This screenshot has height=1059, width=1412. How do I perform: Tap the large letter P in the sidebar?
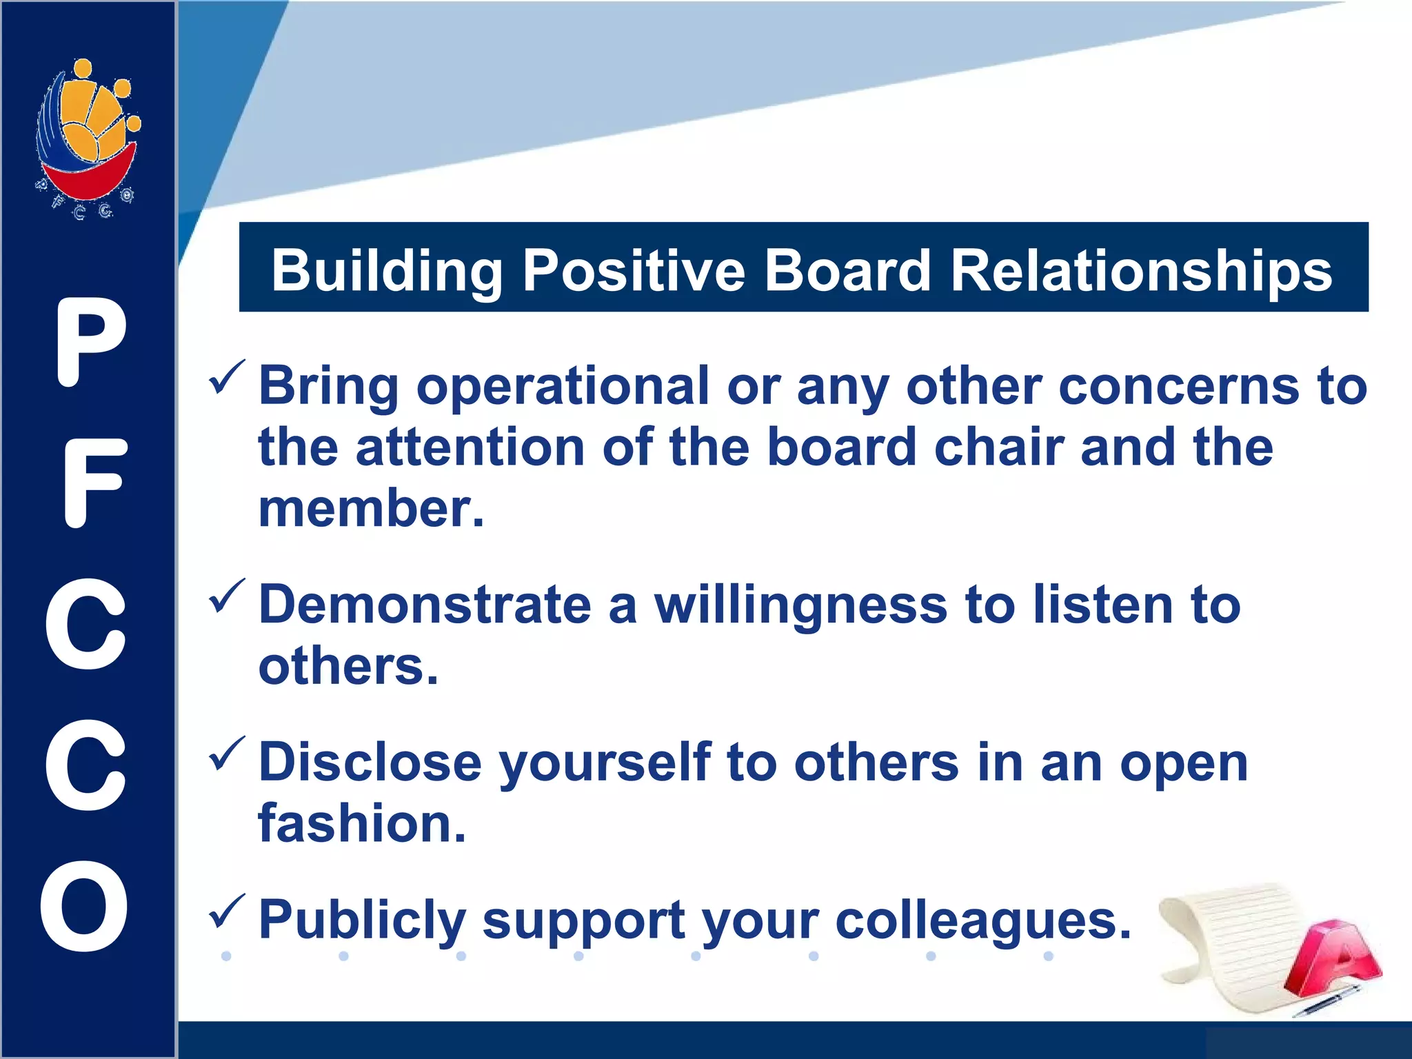pos(90,343)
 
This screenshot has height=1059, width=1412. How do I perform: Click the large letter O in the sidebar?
pos(84,906)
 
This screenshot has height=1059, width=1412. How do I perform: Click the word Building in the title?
pos(387,271)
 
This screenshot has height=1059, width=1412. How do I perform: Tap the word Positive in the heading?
pos(633,271)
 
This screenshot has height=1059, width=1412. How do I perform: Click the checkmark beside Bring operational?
pos(226,378)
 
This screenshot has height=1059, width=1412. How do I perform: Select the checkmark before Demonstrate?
pos(226,596)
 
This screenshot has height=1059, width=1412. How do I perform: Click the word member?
pos(370,509)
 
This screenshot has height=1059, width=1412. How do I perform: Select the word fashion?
pos(361,824)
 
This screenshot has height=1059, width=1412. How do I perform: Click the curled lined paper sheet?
pos(1227,945)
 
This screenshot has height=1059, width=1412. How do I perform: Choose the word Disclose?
pos(370,763)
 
